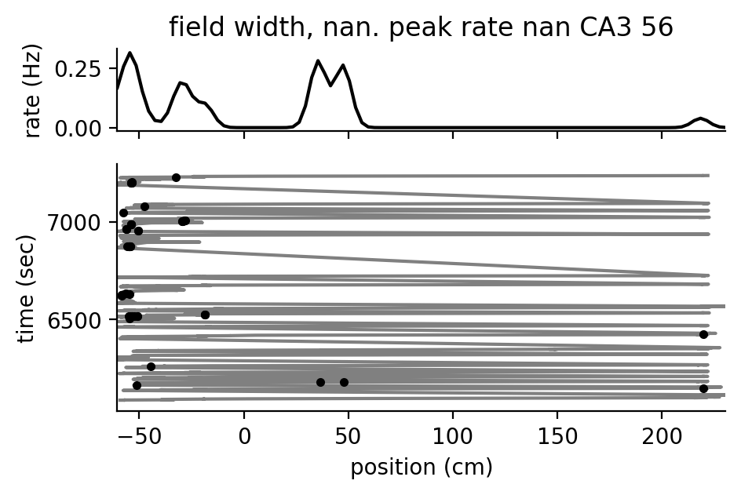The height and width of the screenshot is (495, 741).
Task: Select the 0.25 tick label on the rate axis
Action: coord(79,69)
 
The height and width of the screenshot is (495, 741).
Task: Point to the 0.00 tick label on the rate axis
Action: coord(79,127)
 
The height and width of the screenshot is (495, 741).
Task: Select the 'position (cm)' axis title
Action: coord(421,468)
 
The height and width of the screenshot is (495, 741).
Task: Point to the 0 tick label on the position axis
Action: coord(244,435)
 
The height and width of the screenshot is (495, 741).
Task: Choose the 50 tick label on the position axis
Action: coord(349,435)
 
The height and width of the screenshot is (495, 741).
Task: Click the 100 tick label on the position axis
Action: coord(453,435)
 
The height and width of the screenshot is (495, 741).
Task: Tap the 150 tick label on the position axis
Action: coord(557,435)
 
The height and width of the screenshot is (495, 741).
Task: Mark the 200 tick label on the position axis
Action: coord(662,435)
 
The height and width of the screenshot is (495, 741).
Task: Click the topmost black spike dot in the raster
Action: coord(176,177)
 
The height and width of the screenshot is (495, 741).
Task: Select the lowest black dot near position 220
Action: coord(703,388)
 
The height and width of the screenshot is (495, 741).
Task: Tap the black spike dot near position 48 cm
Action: coord(344,382)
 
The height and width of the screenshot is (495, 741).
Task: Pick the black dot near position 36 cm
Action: coord(320,382)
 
